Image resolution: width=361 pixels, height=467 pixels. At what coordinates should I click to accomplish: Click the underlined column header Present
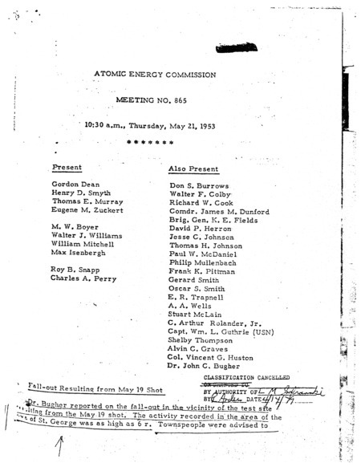click(67, 168)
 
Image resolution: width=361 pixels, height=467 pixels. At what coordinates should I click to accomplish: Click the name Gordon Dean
click(72, 185)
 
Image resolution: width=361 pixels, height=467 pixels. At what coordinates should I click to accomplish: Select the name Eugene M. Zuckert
click(87, 210)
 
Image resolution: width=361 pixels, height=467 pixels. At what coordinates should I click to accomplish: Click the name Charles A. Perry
click(83, 279)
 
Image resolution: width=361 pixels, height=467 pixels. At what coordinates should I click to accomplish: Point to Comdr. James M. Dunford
click(218, 212)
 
